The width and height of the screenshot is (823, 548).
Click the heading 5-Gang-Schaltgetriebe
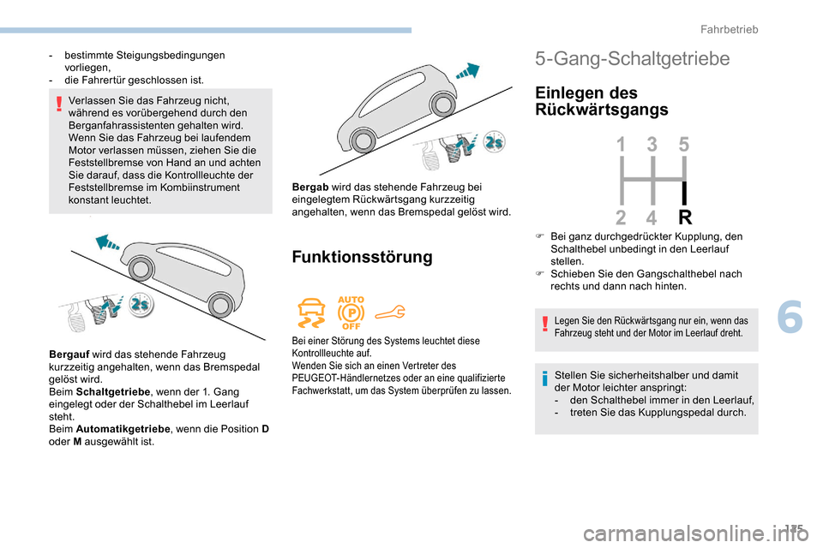[632, 59]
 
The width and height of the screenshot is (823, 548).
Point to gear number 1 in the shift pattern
[621, 146]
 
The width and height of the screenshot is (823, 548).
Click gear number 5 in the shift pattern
[684, 146]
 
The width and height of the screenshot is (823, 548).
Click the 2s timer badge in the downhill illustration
[494, 142]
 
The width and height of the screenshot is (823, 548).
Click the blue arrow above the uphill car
[111, 243]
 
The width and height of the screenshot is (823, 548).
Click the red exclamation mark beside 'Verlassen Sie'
[58, 105]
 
